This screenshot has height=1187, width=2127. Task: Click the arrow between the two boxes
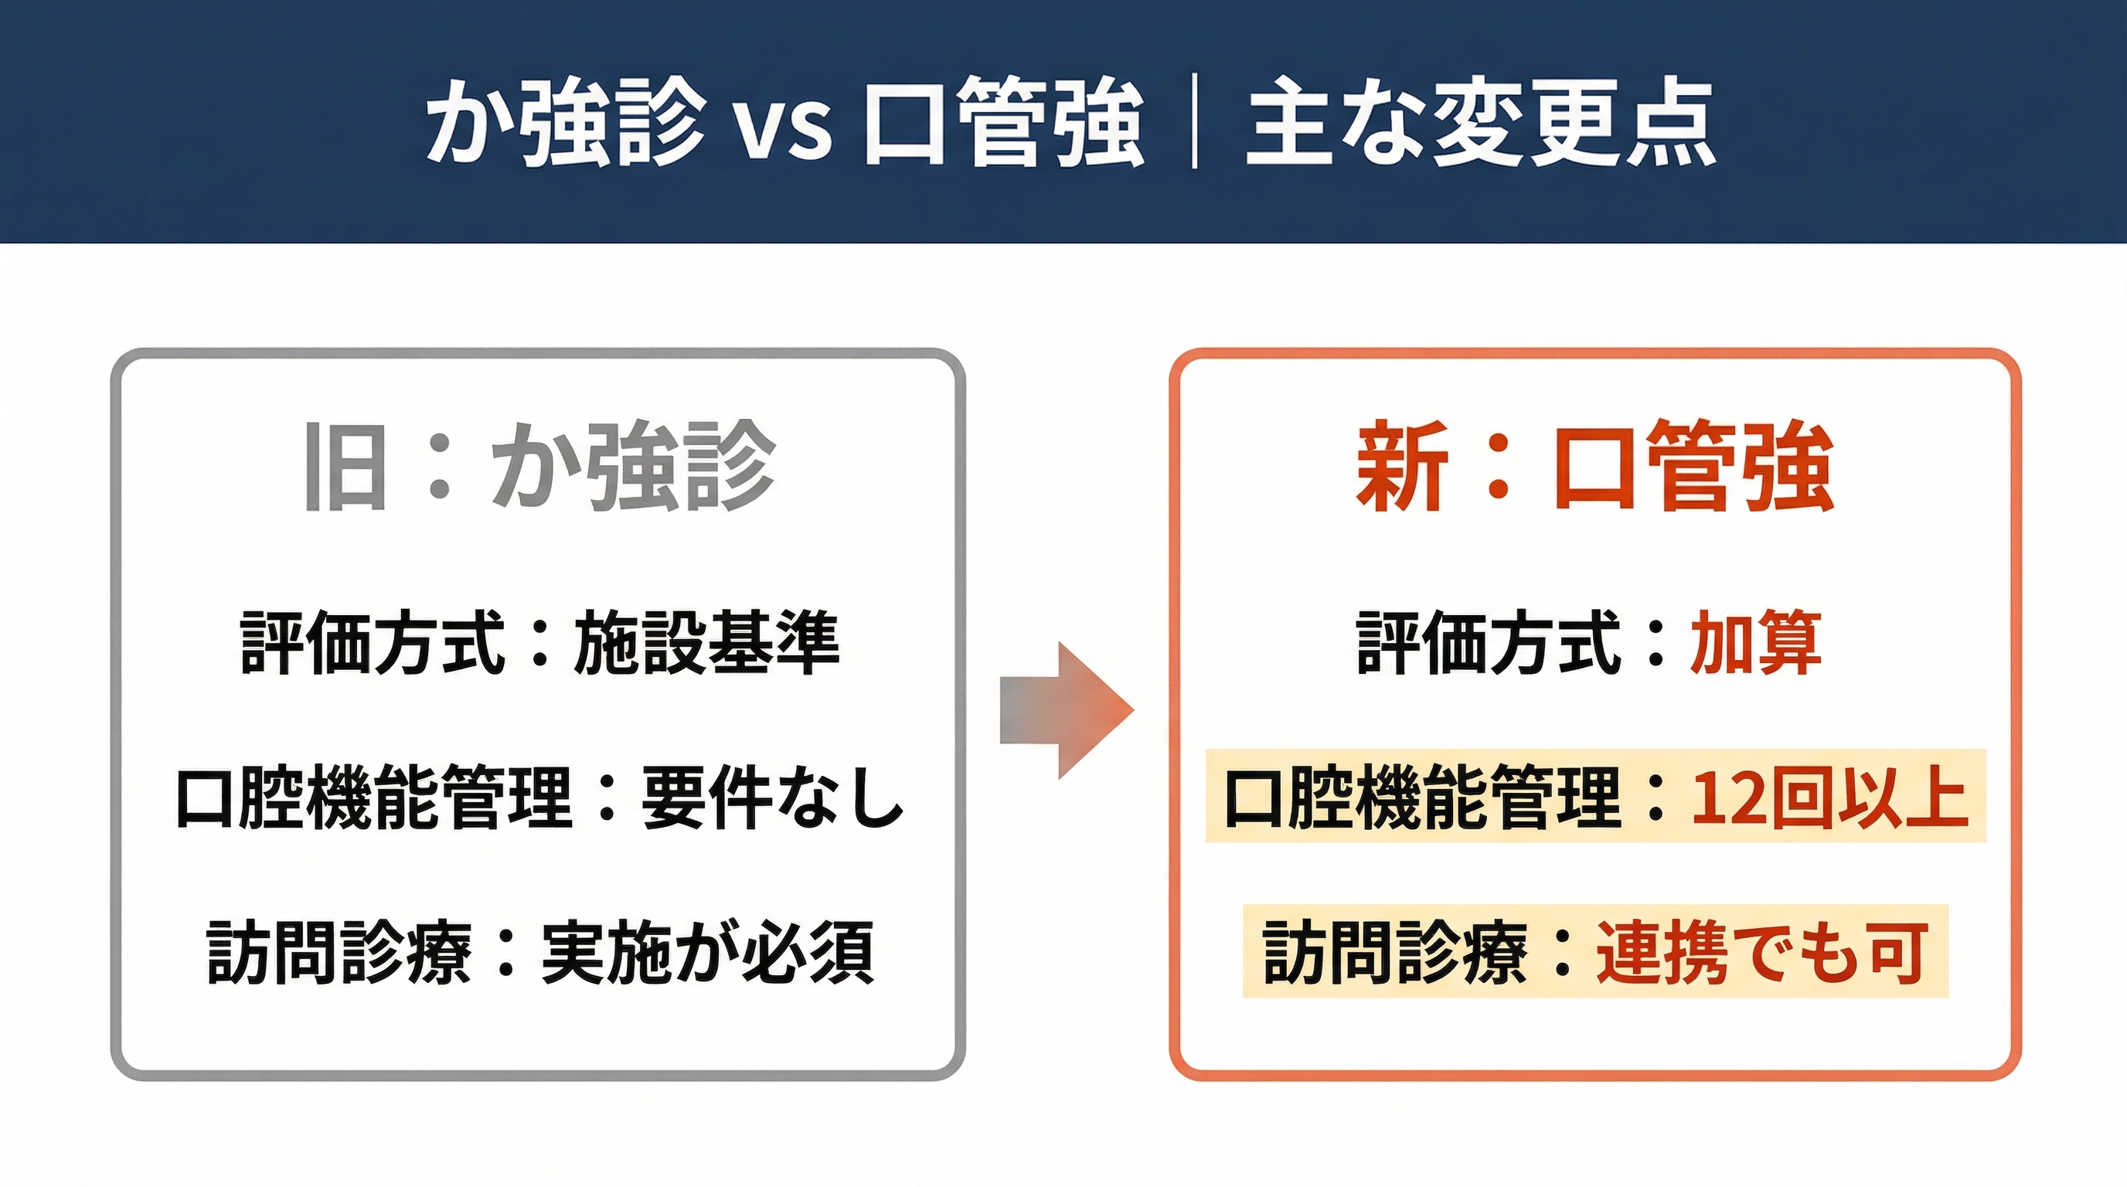(1067, 711)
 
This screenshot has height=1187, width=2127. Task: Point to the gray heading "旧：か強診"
(541, 467)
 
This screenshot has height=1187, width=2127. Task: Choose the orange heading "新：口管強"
(1594, 467)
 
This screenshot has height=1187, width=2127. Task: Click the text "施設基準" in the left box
(706, 643)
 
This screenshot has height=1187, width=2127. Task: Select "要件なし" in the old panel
(773, 797)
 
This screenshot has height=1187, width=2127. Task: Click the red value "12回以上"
(1829, 797)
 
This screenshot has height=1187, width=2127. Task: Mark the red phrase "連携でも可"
(1762, 952)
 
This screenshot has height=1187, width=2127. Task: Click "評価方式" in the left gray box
(373, 643)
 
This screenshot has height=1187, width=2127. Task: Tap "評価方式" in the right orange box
(1489, 643)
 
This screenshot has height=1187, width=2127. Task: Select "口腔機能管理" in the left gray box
(374, 797)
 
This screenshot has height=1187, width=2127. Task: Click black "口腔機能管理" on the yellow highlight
(1422, 797)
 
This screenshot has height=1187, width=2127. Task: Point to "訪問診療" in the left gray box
(339, 952)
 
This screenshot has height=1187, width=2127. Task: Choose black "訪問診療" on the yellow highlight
(1395, 952)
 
